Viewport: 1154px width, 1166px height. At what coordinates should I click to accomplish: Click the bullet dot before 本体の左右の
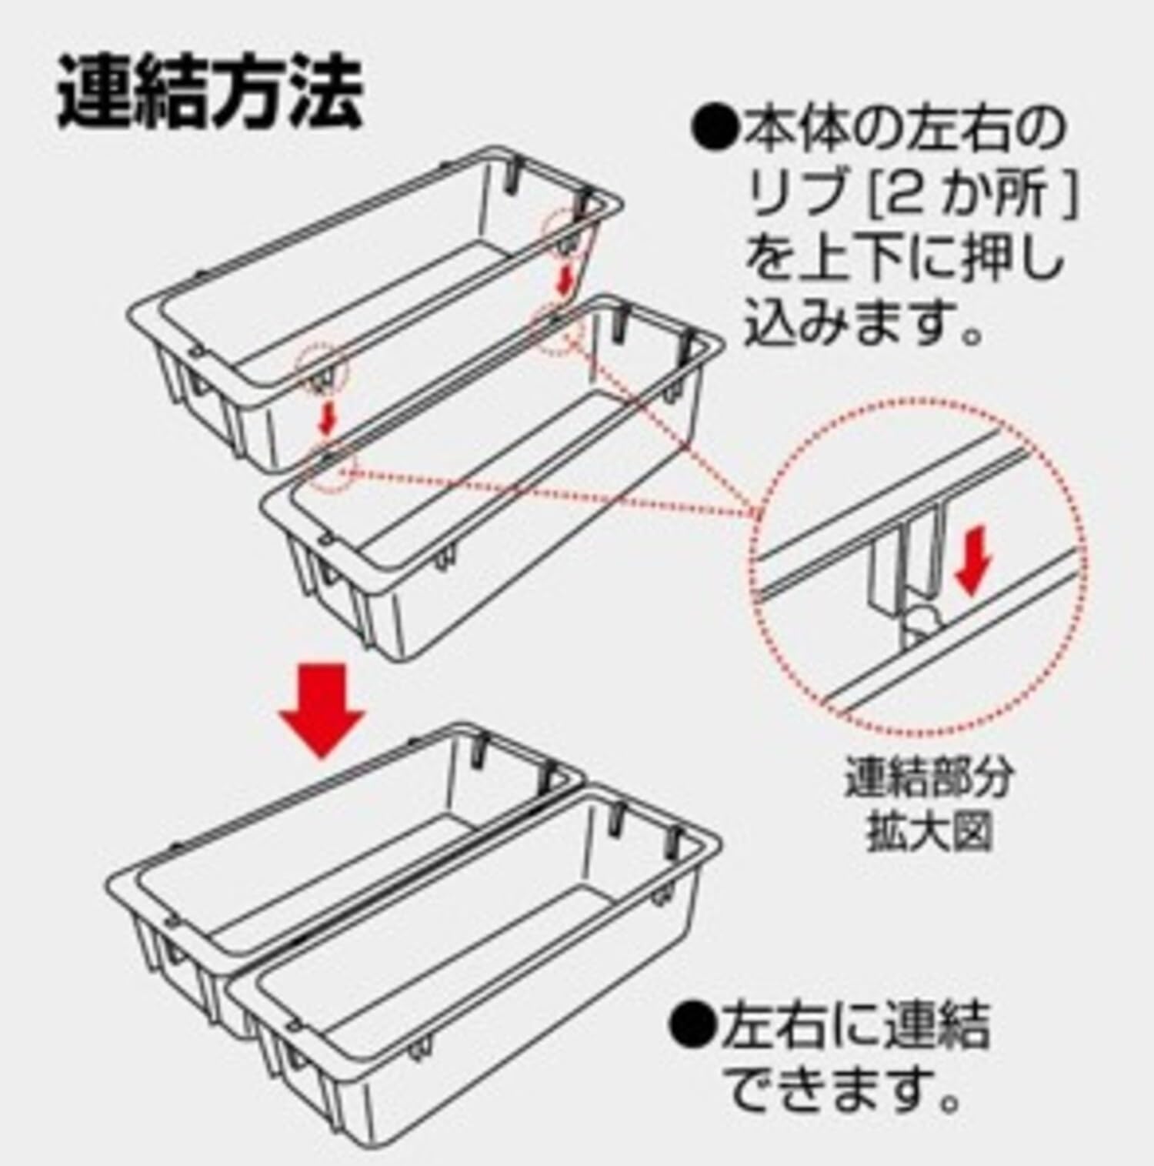point(715,132)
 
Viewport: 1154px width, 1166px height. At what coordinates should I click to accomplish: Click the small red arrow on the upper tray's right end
point(565,279)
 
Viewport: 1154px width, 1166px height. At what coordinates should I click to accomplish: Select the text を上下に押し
point(904,260)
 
